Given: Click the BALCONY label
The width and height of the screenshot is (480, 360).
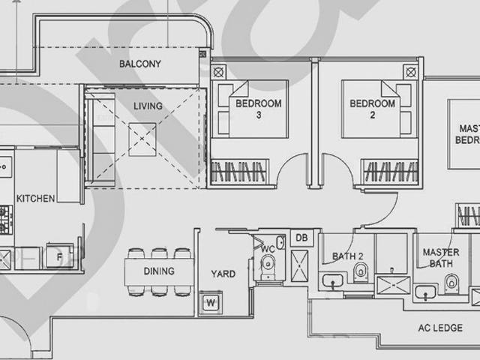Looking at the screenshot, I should [140, 64].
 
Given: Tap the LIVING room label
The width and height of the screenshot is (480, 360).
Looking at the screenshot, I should [148, 106].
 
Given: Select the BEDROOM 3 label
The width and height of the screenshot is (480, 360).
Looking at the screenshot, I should [249, 109].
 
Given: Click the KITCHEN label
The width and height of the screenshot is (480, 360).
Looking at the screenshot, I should [35, 198].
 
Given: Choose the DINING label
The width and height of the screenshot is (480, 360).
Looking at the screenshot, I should [158, 271].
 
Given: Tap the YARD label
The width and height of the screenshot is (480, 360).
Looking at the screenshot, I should [223, 274].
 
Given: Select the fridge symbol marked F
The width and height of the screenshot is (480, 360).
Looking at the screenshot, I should [58, 254].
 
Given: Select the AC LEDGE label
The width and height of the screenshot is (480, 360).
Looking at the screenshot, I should [440, 328].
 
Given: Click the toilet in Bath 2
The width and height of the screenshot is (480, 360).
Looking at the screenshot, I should [361, 272].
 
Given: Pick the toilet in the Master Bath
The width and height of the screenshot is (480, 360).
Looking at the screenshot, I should [452, 281].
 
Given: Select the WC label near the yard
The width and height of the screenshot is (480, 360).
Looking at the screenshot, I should [268, 248].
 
